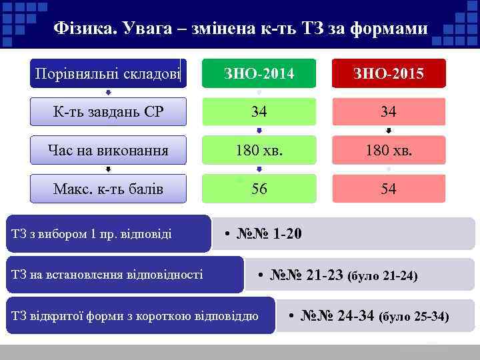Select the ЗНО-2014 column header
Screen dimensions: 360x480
[259, 73]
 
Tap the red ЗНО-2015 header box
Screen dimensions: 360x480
[388, 73]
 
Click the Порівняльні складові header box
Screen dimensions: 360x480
[108, 73]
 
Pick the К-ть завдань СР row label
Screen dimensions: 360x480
[108, 111]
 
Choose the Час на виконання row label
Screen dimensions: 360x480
[108, 150]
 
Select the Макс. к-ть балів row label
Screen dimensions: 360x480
[108, 189]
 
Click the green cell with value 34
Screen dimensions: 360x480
[259, 111]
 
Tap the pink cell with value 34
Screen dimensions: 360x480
[388, 111]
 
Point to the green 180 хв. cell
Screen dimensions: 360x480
[259, 150]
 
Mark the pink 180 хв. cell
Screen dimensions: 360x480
[388, 150]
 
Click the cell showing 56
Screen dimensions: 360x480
[259, 189]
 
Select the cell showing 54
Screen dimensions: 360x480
[388, 189]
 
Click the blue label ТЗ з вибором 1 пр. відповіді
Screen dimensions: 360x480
[92, 233]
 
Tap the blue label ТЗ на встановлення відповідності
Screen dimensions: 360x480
[107, 275]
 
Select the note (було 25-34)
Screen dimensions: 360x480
[414, 317]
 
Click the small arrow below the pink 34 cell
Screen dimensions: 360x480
[389, 131]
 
